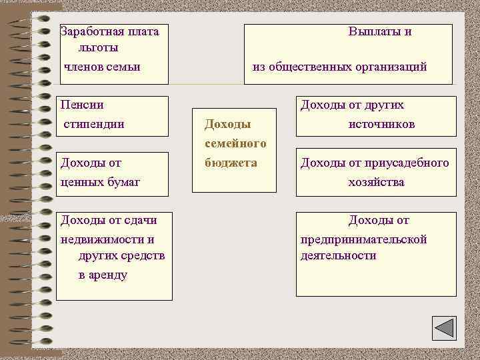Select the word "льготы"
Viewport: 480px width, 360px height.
click(98, 48)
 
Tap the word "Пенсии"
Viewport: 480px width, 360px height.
click(82, 105)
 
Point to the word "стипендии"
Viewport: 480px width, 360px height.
click(94, 124)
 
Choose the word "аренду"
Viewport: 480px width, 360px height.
click(103, 275)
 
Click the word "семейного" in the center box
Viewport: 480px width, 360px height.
click(235, 143)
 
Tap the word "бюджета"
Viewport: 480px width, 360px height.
click(231, 163)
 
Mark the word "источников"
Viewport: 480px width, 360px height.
click(381, 124)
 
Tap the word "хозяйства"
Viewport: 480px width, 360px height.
click(376, 182)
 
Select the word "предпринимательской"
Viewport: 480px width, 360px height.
click(363, 239)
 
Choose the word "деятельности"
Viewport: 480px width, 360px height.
click(338, 255)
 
